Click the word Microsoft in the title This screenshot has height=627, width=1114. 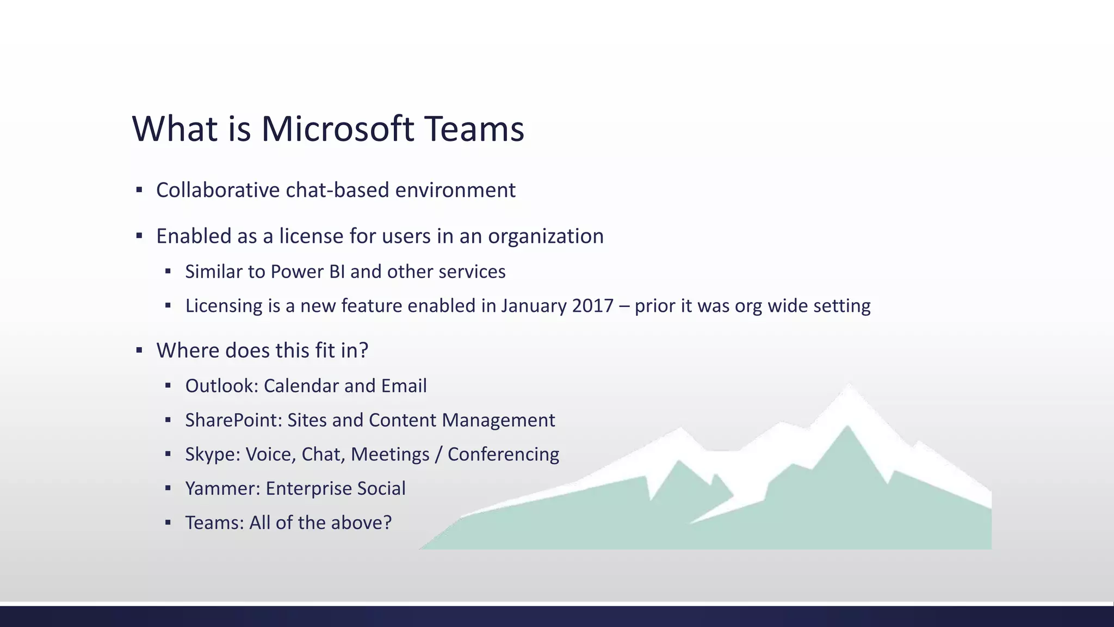(337, 130)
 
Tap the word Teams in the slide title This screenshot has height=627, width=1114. (474, 130)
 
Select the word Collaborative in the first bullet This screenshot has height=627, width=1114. (218, 190)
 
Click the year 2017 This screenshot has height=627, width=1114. (592, 306)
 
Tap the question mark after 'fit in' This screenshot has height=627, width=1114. (364, 351)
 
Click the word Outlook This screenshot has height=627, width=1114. (220, 386)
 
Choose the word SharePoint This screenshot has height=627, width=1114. (232, 420)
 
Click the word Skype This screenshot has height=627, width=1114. (212, 454)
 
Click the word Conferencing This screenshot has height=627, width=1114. (503, 454)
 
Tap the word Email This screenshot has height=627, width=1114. (404, 386)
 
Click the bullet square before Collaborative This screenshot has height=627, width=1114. (139, 190)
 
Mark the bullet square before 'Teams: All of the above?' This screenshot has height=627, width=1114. (168, 522)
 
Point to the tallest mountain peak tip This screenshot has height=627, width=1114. (849, 385)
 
